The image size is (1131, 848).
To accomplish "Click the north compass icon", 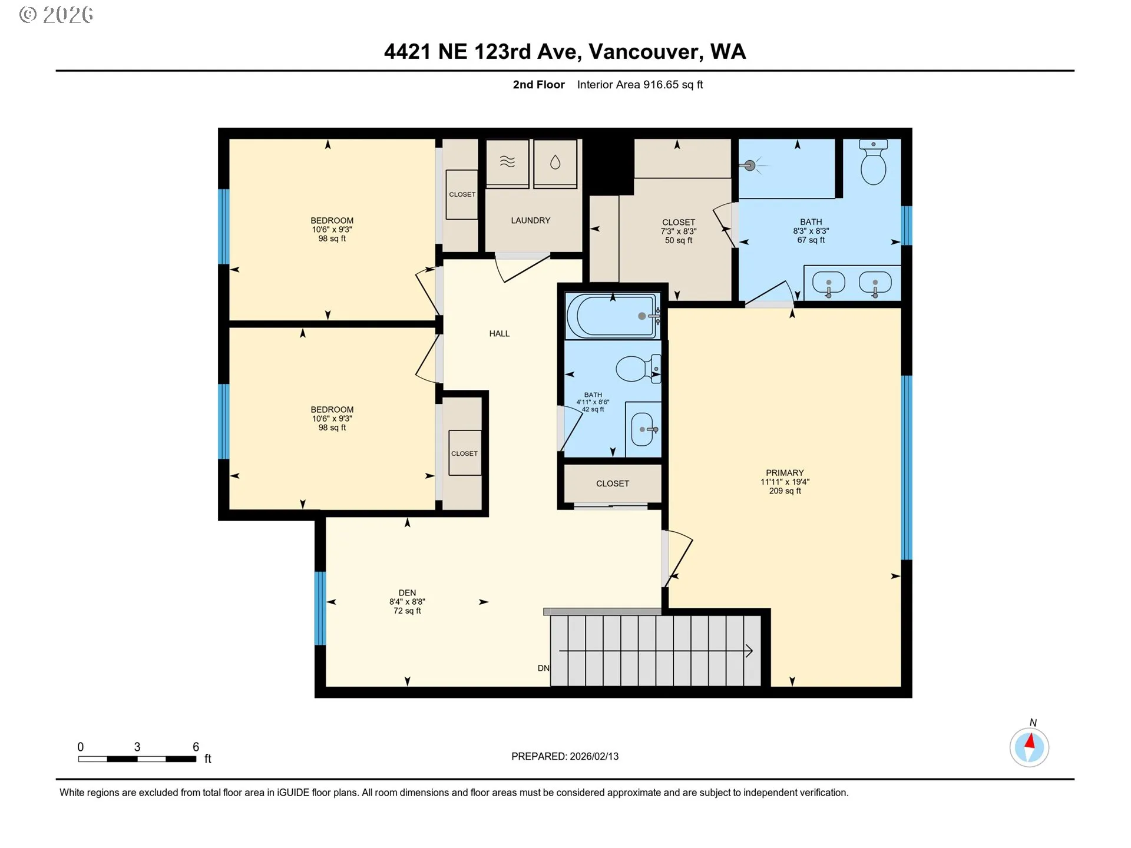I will click(1029, 747).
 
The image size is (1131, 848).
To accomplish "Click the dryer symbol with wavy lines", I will click(507, 163).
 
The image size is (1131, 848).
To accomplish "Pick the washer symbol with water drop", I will click(555, 163).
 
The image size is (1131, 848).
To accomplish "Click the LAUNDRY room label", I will click(530, 220).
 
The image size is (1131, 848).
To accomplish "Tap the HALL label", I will click(499, 333).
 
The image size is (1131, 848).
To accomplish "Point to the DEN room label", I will click(407, 593).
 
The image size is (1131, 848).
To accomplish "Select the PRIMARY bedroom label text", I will click(784, 472).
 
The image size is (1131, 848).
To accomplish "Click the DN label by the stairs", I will click(543, 668).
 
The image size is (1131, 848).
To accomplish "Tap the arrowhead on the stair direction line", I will click(749, 651).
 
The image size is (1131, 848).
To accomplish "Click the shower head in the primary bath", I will click(750, 165).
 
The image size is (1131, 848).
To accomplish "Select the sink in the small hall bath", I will click(641, 429).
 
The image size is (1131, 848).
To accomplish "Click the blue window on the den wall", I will click(320, 608).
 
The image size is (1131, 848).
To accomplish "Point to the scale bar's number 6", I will click(196, 747).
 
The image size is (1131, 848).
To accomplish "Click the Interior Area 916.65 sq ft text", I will click(640, 85).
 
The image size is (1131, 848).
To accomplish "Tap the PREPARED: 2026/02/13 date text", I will click(564, 756).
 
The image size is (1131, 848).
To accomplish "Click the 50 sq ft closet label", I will click(678, 240).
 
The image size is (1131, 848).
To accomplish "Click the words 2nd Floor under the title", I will click(538, 85).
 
